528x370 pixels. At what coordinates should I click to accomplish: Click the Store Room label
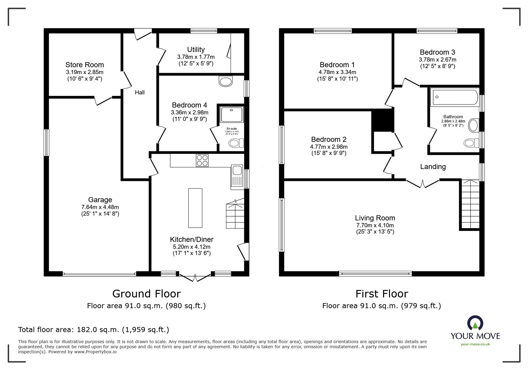coord(85,65)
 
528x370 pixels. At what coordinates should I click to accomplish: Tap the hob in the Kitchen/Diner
coord(202,160)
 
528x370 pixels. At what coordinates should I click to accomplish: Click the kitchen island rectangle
coord(195,208)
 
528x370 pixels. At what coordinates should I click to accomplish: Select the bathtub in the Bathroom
coord(454,97)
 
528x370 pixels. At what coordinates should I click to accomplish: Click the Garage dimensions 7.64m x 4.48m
coord(100,207)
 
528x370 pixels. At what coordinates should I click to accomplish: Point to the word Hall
coord(140,93)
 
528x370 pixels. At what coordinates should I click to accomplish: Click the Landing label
coord(433,167)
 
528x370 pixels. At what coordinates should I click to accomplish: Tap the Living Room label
coord(375,218)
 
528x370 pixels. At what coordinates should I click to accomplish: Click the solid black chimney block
coord(382,120)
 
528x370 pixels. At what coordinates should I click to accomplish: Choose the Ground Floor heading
coord(146,294)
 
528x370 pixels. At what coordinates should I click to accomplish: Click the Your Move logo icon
coord(475,323)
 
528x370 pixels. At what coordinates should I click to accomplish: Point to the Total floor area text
coord(94,330)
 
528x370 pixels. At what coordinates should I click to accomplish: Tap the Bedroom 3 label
coord(437,52)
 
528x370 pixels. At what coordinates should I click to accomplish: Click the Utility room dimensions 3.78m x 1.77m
coord(196,57)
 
